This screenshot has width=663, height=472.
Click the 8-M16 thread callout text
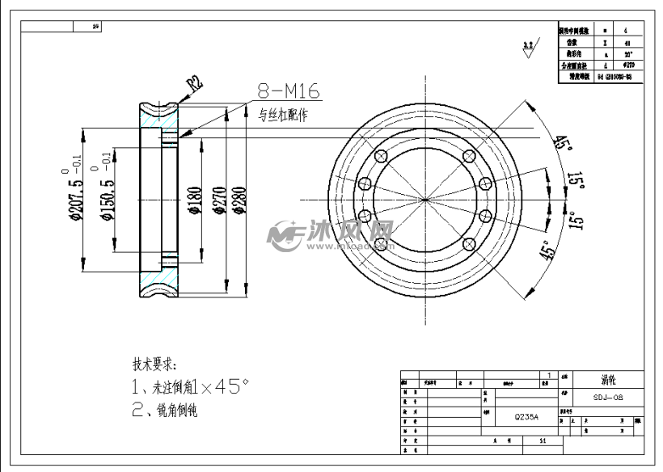(289, 91)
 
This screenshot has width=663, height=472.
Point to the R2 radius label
(193, 82)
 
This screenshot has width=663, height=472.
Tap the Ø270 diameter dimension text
(218, 197)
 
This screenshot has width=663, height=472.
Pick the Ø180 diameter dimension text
(192, 197)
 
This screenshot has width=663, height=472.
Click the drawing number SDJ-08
(607, 398)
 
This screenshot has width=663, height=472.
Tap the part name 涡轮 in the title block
(608, 378)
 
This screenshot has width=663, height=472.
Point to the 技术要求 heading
(154, 365)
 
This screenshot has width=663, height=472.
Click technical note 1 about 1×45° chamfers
(191, 387)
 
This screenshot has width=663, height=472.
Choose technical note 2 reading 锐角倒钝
(165, 410)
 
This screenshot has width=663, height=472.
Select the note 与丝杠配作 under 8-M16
(283, 115)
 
